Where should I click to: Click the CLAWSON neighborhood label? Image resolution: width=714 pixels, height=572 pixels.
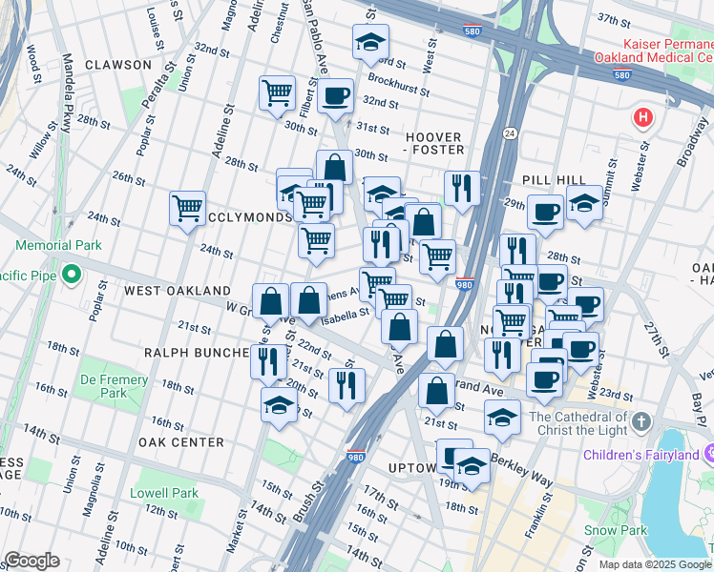point(117,64)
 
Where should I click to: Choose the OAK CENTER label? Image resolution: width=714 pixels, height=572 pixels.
point(180,442)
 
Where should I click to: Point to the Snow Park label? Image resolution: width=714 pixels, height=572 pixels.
point(611,529)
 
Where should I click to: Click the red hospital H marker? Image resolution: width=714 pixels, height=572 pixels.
point(644,118)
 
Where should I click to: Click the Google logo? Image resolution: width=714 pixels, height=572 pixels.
point(31,561)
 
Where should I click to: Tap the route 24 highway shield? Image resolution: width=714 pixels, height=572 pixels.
point(509,134)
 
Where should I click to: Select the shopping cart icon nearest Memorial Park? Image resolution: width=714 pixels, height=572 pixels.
point(187,208)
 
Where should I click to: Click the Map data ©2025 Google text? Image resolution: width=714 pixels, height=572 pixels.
point(654,564)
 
